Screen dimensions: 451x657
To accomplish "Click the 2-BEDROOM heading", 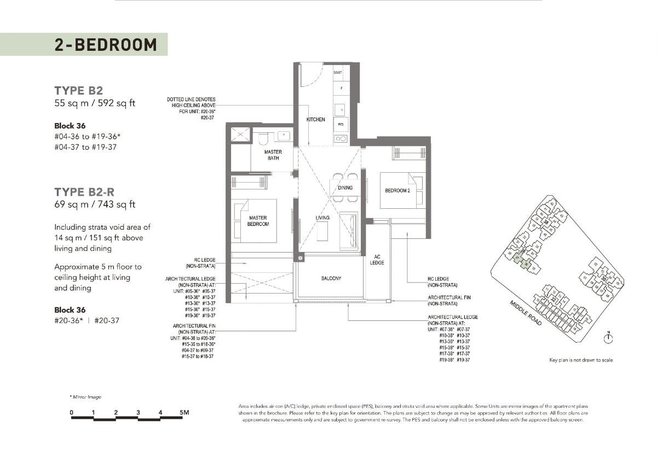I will click(x=105, y=44).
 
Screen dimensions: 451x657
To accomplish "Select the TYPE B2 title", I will click(x=78, y=90).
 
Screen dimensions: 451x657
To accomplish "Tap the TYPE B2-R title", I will click(x=84, y=192).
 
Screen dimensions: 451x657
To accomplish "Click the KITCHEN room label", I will click(x=316, y=119).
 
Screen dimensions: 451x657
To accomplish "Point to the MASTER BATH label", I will click(x=273, y=155).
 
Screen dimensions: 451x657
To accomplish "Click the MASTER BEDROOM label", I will click(x=257, y=221).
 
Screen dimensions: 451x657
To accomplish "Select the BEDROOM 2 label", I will click(x=397, y=190).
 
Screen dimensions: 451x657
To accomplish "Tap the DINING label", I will click(x=345, y=188).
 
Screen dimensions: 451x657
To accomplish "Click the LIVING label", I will click(x=322, y=218).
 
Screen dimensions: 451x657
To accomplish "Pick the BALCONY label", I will click(x=331, y=278).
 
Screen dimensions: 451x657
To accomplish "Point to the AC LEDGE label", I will click(x=377, y=260).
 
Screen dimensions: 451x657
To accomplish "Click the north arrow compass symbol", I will click(x=608, y=338).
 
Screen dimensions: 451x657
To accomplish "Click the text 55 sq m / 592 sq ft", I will click(x=95, y=103).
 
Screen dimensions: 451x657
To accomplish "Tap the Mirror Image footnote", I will click(x=85, y=397).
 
